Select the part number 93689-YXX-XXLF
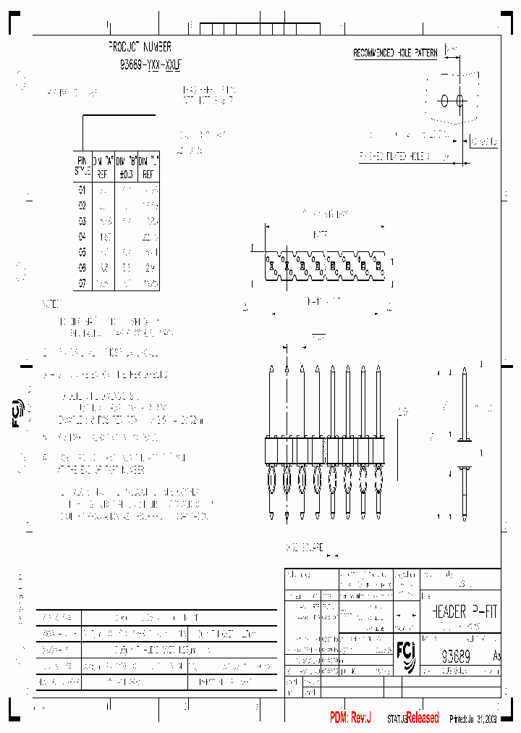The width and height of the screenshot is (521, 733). tap(151, 64)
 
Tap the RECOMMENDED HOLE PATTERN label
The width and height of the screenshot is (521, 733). tap(395, 54)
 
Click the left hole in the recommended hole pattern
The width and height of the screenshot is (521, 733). tap(445, 101)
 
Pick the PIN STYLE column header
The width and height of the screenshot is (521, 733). tap(82, 165)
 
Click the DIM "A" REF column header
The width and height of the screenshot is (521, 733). tap(104, 165)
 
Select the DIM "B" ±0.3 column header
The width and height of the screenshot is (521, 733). tap(127, 165)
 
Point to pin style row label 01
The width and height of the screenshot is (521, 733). tap(82, 190)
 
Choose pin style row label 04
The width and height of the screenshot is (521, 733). tap(82, 237)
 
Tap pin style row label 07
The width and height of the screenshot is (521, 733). tap(82, 284)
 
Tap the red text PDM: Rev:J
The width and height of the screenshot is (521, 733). tap(350, 718)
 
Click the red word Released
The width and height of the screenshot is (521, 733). tap(422, 718)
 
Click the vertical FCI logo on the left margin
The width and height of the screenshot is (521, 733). tap(18, 413)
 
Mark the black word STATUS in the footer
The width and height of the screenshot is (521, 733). tap(397, 719)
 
